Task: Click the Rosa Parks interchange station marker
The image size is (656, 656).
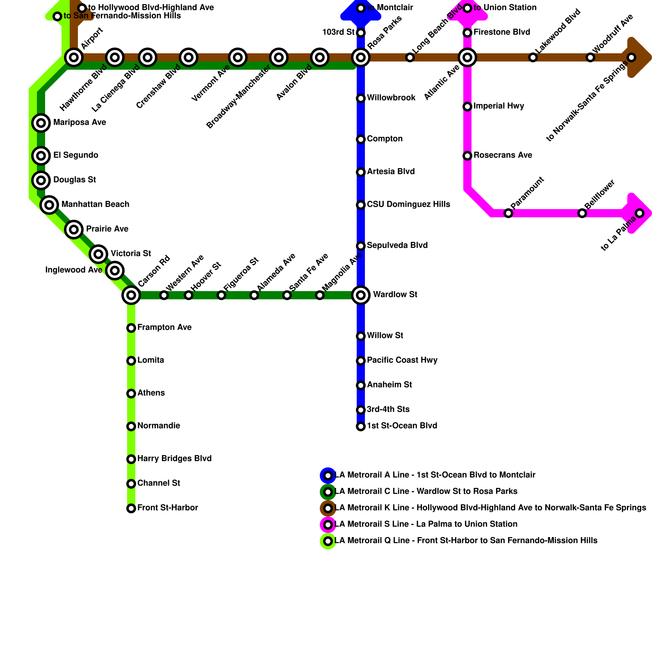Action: pos(361,57)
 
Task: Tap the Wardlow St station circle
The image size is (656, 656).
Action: pos(361,295)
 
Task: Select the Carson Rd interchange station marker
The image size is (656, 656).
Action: pos(131,295)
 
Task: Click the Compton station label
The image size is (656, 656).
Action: pos(385,139)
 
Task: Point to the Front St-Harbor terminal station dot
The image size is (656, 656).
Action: pos(131,508)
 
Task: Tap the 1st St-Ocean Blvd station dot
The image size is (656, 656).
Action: pos(361,426)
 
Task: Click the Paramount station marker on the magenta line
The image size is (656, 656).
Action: pos(508,213)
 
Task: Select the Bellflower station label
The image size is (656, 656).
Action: pos(599,194)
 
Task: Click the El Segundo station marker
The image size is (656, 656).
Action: pos(41,156)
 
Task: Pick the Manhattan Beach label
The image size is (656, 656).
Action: pos(95,205)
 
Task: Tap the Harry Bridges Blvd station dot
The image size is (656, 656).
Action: pos(131,459)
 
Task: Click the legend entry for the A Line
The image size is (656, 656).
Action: pos(435,475)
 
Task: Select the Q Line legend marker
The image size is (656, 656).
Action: pos(328,541)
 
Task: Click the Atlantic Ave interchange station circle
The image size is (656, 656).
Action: pos(467,57)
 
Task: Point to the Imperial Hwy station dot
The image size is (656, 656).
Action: pos(467,107)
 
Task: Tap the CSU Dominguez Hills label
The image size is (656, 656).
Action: pos(408,205)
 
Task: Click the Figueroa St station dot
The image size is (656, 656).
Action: pos(221,295)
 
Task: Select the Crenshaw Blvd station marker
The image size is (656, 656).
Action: pos(189,57)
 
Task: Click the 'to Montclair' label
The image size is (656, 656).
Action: pos(390,8)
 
